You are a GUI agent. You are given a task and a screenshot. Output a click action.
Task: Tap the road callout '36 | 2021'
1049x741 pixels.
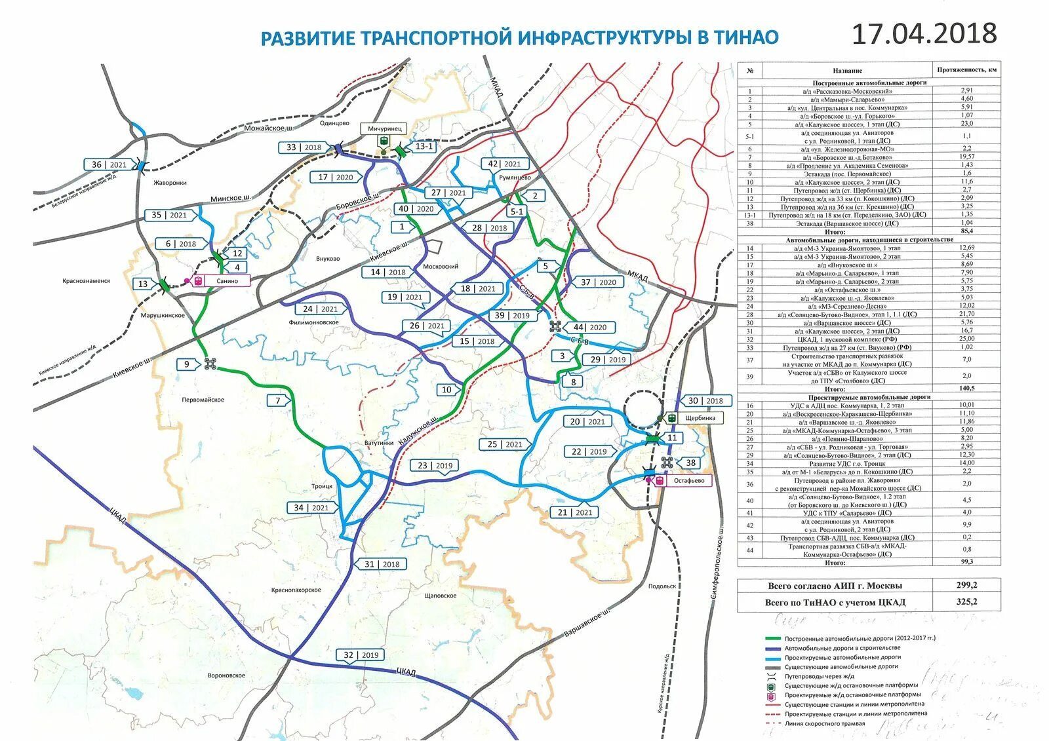[109, 164]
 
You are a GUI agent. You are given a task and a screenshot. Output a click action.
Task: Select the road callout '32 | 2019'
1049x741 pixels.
[361, 655]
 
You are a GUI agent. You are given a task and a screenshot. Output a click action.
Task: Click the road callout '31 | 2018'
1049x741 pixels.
[382, 563]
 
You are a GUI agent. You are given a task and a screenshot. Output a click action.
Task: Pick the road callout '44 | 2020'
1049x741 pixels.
[589, 327]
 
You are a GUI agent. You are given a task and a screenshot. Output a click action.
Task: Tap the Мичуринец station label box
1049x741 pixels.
[384, 129]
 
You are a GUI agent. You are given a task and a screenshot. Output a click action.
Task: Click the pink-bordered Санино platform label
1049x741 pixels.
[228, 280]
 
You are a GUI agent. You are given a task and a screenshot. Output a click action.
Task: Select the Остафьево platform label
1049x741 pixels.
[688, 480]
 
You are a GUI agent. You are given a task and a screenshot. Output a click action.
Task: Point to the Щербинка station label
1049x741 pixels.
[700, 417]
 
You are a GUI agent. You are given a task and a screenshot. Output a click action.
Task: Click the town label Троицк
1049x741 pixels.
[322, 486]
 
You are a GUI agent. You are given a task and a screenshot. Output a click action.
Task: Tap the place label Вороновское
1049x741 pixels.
[226, 675]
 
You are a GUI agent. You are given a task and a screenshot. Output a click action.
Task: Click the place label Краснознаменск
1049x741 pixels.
[87, 280]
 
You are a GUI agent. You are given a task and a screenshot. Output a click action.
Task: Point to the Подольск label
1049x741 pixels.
[662, 586]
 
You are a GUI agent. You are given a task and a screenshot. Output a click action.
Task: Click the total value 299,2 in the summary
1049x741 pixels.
[966, 585]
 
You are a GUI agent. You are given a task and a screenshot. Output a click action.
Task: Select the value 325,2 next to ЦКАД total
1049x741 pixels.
[966, 601]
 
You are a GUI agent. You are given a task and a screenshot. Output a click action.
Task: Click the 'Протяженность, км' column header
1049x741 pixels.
[966, 69]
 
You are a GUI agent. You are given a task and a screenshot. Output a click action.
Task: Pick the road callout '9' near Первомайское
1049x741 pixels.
[187, 364]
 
